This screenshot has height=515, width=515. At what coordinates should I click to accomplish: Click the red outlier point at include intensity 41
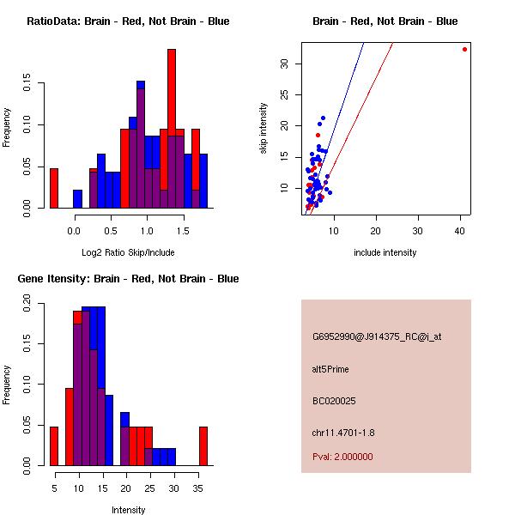click(x=464, y=49)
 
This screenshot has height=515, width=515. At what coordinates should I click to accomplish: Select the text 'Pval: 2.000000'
click(x=343, y=457)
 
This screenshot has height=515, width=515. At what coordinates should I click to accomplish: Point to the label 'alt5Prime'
click(x=330, y=369)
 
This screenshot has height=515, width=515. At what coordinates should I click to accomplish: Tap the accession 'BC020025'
click(x=334, y=400)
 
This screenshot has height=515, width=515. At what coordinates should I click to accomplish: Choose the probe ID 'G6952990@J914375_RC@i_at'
click(x=377, y=337)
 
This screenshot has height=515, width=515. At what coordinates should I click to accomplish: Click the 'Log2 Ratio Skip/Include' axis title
click(x=128, y=252)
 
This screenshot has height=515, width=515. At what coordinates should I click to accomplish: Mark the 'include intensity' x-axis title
click(x=385, y=252)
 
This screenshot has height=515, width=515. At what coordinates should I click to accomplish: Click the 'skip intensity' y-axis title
click(x=264, y=130)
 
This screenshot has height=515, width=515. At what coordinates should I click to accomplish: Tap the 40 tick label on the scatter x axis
click(x=460, y=229)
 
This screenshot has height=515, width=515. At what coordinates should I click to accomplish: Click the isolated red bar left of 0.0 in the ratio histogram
click(x=54, y=188)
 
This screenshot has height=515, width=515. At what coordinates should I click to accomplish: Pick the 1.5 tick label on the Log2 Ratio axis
click(x=183, y=229)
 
